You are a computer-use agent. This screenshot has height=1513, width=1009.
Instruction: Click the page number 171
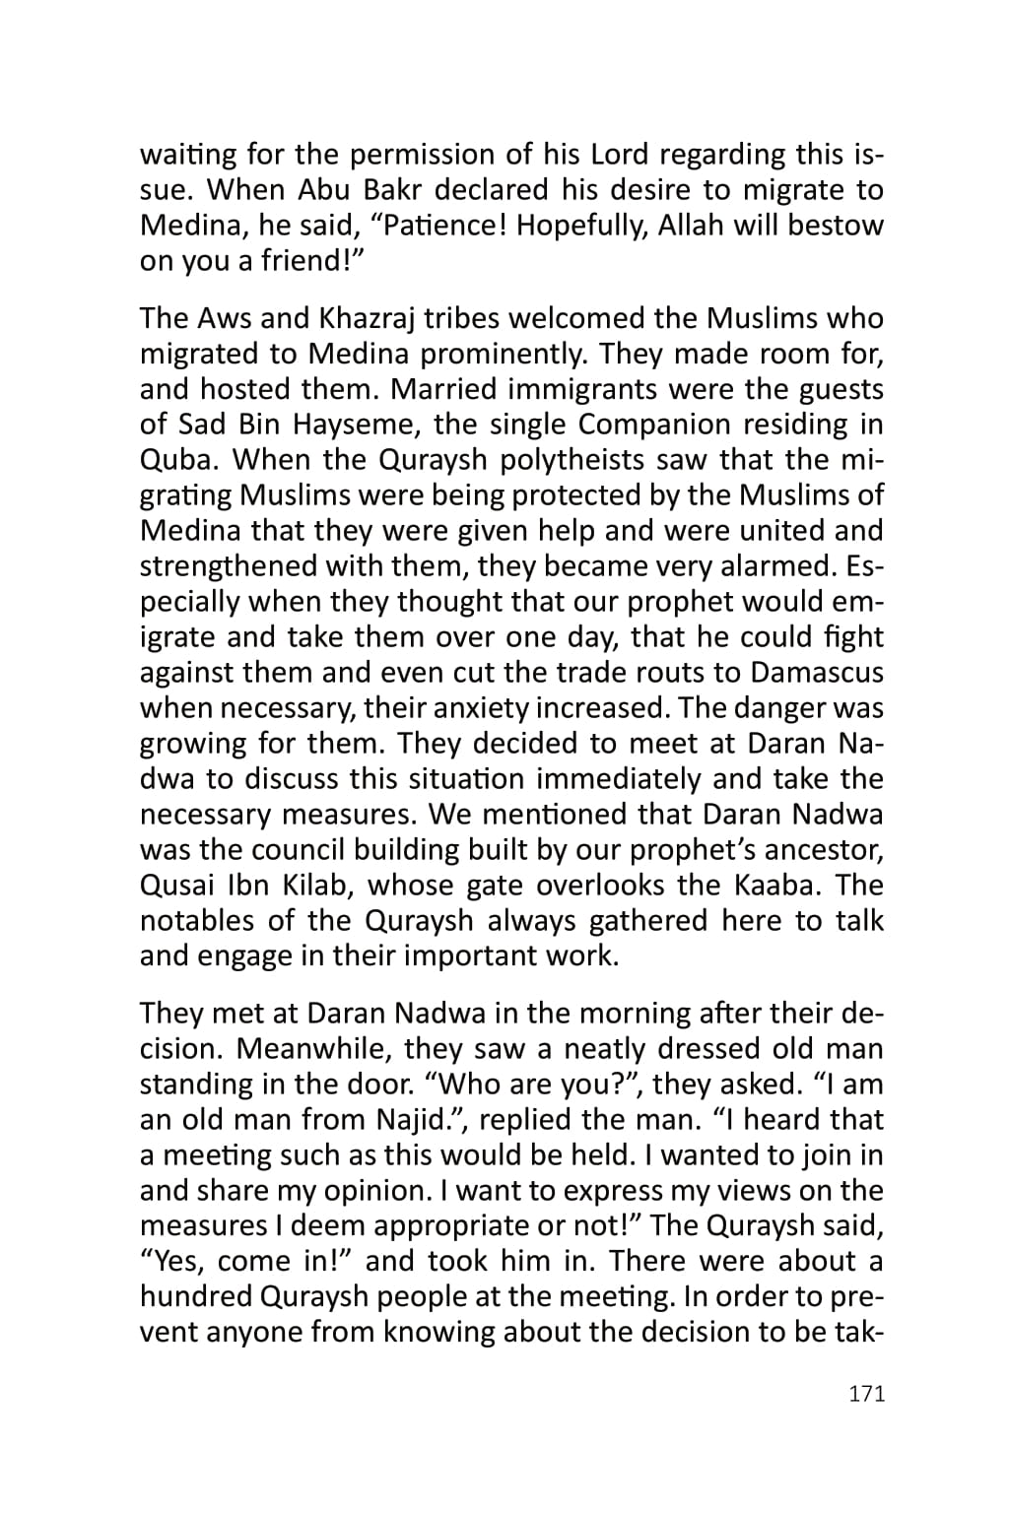pyautogui.click(x=866, y=1394)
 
